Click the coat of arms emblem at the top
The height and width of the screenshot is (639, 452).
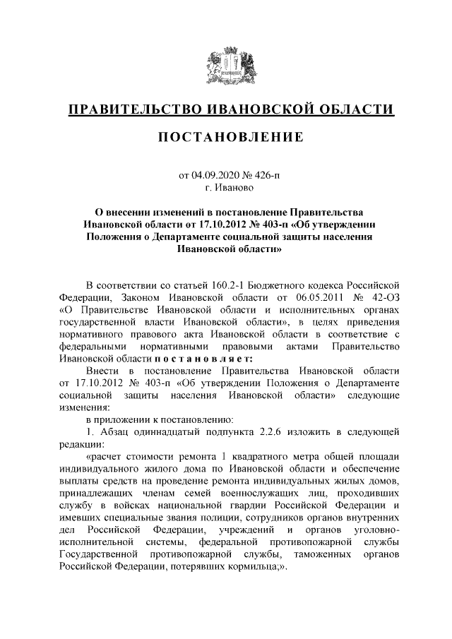226,66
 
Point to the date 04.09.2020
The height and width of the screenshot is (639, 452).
214,174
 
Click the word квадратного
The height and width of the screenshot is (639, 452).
266,457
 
